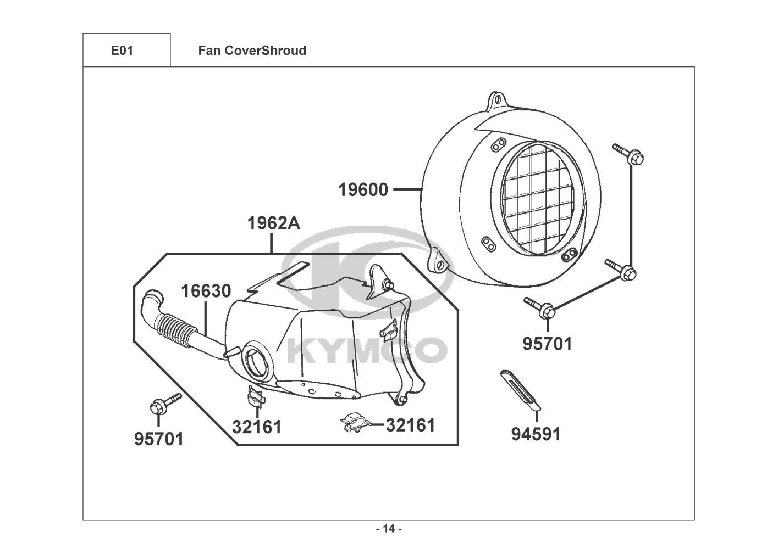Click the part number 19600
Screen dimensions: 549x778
tap(363, 190)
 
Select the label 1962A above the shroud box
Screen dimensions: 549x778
tap(273, 223)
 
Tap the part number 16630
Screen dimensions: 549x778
tap(206, 291)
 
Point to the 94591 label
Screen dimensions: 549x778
tap(536, 434)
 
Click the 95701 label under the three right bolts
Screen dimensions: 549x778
tap(547, 344)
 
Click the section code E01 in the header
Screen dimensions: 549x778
tap(122, 51)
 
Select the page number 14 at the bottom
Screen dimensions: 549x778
tap(389, 529)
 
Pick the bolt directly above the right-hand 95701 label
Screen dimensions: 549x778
tap(542, 309)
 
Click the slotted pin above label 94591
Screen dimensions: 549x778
tap(521, 391)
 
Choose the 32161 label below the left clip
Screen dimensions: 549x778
tap(256, 426)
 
